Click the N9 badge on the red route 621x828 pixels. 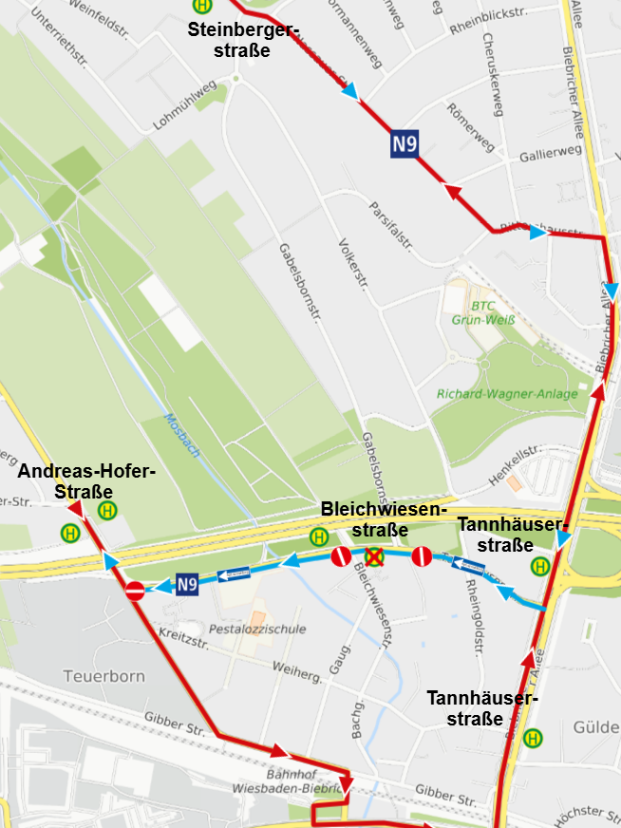tap(405, 145)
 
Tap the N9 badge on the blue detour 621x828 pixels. tap(186, 585)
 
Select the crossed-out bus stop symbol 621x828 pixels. tap(375, 557)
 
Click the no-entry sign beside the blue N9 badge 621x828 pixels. tap(136, 591)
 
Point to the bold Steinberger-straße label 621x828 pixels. tap(243, 40)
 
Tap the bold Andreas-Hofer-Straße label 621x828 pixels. tap(86, 481)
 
